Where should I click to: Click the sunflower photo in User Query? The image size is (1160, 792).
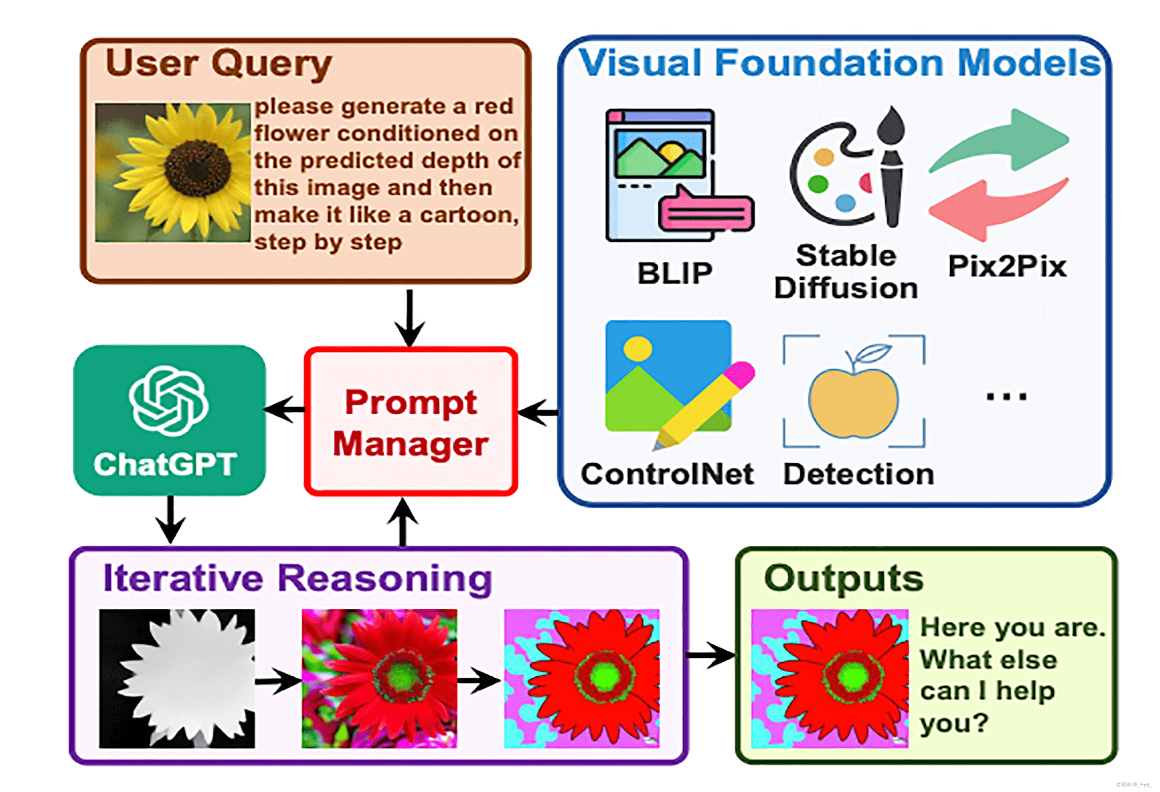click(x=173, y=173)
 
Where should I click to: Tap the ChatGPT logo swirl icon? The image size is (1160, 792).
click(x=169, y=401)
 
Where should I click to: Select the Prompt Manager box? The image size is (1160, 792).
click(x=410, y=421)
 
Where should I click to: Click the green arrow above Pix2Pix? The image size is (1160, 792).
click(x=1001, y=140)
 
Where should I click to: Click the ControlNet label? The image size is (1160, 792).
click(x=667, y=474)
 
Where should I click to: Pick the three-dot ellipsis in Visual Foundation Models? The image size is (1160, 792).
click(x=1006, y=397)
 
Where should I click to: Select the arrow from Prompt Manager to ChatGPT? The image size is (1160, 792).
click(x=284, y=409)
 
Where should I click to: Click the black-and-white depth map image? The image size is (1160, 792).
click(x=177, y=678)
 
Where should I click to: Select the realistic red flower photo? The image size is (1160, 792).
click(x=379, y=678)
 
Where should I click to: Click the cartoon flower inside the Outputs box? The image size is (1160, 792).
click(x=829, y=678)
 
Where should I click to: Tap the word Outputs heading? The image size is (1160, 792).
click(x=844, y=579)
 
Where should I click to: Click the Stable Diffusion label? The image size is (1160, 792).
click(x=846, y=272)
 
